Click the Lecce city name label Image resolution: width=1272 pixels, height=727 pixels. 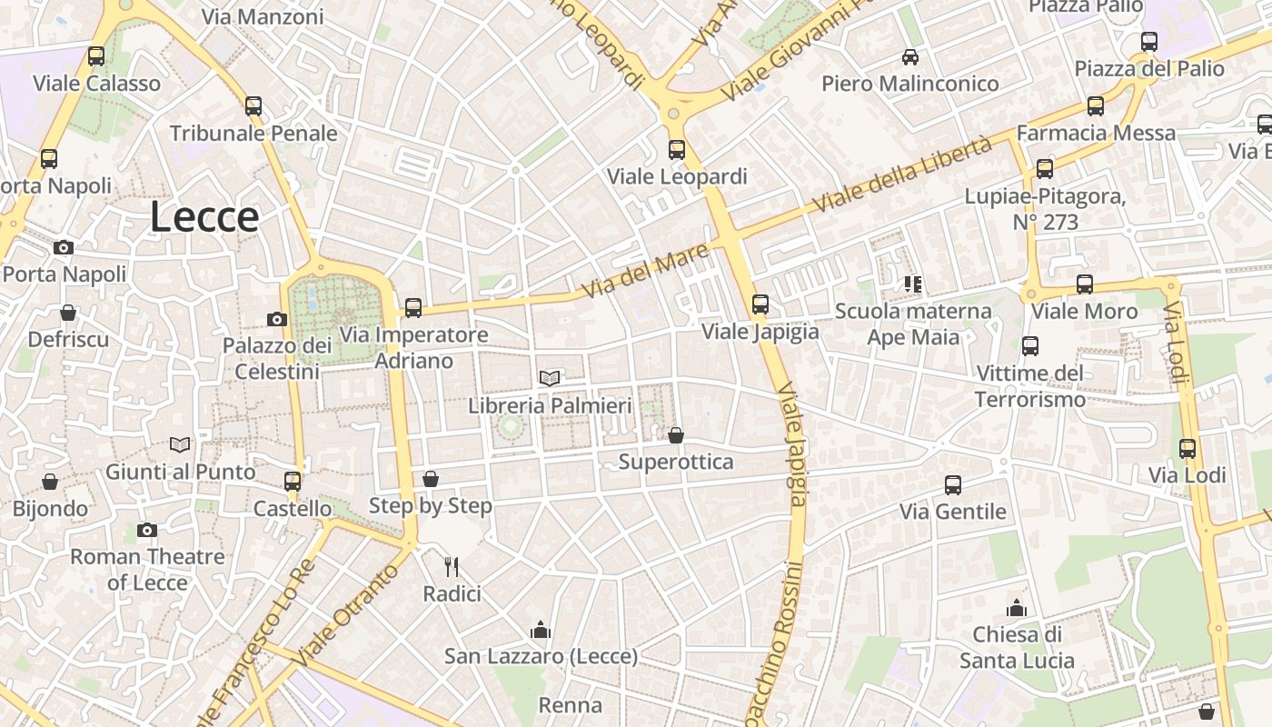pos(204,217)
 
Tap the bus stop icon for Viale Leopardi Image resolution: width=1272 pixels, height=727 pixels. pos(677,150)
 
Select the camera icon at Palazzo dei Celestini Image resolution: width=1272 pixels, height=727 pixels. pos(277,319)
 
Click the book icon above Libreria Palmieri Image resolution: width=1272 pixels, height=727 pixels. pos(550,378)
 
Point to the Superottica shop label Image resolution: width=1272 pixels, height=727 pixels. pos(676,462)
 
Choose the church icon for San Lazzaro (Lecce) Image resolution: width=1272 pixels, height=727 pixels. pos(542,629)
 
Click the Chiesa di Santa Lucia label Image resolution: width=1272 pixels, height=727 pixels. pos(1017,647)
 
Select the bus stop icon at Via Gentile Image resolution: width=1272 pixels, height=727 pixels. pos(953,485)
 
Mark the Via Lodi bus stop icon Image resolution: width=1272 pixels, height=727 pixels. pos(1188,448)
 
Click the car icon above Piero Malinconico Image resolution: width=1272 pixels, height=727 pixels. pos(910,57)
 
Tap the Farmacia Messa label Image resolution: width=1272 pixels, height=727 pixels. pos(1096,133)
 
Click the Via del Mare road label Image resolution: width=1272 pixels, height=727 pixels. pos(644,271)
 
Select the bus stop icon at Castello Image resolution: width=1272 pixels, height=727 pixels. pos(293,482)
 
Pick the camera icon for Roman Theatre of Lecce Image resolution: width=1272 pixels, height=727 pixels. pos(147,530)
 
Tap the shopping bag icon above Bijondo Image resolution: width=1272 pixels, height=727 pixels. pos(50,482)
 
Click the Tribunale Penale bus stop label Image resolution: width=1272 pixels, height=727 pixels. pos(253,134)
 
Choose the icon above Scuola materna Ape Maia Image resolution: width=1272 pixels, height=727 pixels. pos(913,284)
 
